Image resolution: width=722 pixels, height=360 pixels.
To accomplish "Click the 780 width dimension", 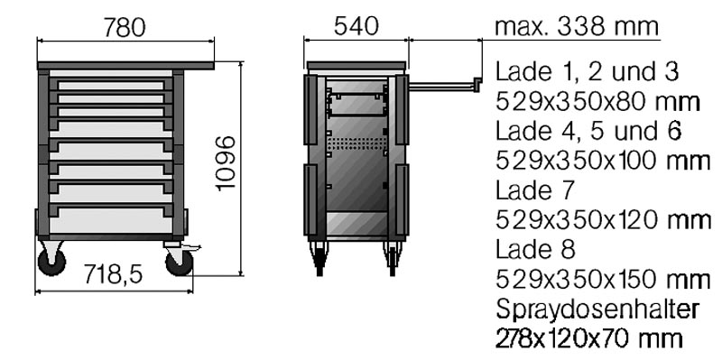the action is [x=125, y=28].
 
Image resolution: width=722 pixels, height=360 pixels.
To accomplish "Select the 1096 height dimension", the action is [x=227, y=163].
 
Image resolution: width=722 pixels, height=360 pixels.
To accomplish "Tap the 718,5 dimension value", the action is [x=114, y=275].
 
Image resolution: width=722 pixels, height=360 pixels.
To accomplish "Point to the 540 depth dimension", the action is [x=356, y=26].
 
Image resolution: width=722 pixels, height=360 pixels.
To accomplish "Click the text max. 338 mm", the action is [x=577, y=27].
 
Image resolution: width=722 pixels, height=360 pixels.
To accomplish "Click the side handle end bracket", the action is [x=477, y=84].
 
